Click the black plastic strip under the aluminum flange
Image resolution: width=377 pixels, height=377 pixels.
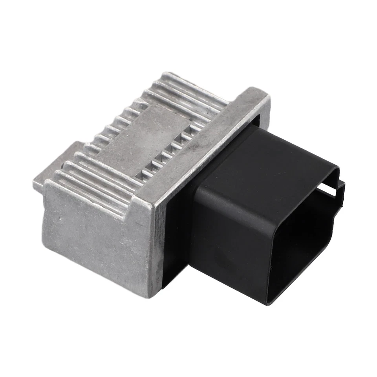point(173,251)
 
